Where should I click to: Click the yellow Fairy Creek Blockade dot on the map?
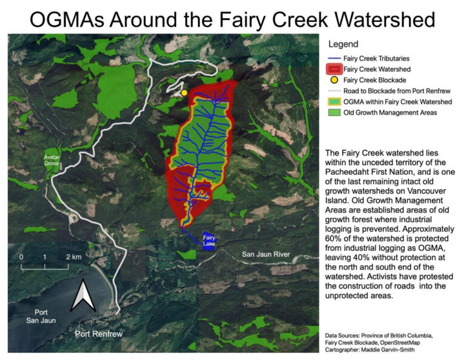[184, 92]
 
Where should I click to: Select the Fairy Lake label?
[209, 240]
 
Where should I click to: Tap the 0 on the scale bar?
[21, 257]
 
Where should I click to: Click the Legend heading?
[343, 44]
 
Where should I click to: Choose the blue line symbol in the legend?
[334, 59]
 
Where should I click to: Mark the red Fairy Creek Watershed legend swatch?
[334, 69]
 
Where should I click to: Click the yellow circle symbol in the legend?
[334, 80]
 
